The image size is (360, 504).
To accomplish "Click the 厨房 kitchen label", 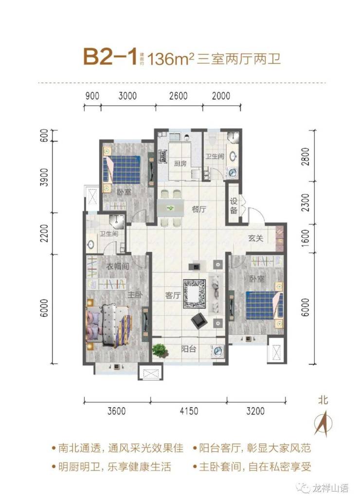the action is tap(180, 163).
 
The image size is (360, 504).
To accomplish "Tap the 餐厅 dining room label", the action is tap(198, 209).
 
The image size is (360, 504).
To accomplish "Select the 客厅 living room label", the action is tap(173, 295).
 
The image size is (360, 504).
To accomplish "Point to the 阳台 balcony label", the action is tap(189, 349).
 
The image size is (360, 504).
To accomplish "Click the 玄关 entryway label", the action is tap(255, 238).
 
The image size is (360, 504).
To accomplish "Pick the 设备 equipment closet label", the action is tap(234, 206).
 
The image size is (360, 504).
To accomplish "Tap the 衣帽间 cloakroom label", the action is tap(118, 266).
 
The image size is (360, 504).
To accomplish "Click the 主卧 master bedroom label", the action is tap(135, 294).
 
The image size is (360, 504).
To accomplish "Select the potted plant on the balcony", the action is tap(161, 350).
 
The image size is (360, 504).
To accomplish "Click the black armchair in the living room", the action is tap(198, 321).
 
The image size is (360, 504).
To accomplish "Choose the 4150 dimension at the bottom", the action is tap(189, 411).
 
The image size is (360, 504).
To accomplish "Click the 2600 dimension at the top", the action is tap(179, 96).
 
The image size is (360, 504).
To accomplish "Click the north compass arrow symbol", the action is tap(324, 424).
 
